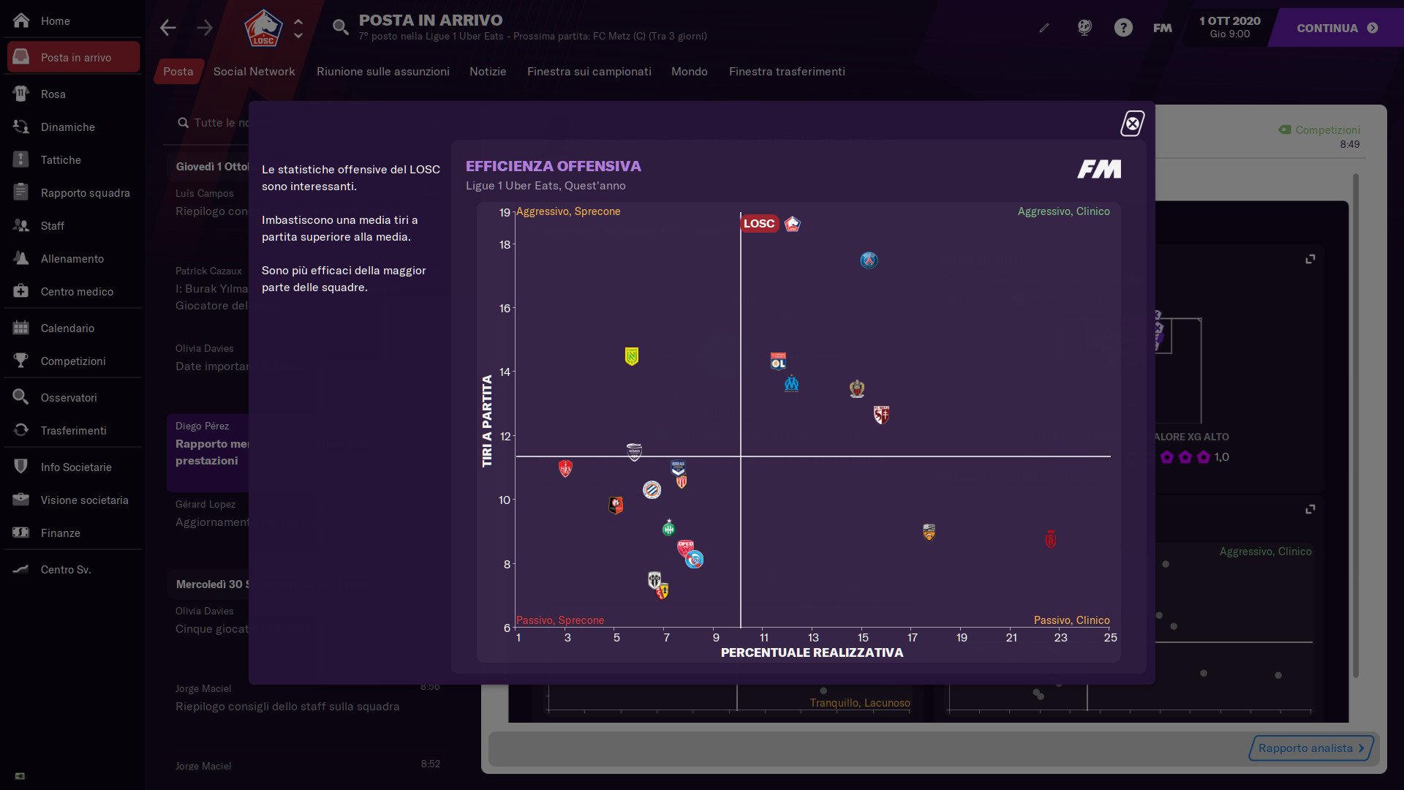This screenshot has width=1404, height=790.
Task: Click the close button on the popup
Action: pyautogui.click(x=1133, y=124)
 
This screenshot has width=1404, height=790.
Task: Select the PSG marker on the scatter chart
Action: pyautogui.click(x=869, y=260)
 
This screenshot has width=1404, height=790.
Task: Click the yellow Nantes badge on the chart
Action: pyautogui.click(x=632, y=356)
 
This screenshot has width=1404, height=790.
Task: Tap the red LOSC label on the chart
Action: pyautogui.click(x=759, y=224)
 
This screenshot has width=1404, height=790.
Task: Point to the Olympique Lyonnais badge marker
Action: pyautogui.click(x=778, y=361)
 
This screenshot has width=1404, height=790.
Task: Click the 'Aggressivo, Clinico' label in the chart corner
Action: pyautogui.click(x=1063, y=211)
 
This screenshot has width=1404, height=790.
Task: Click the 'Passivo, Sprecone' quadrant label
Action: pyautogui.click(x=560, y=620)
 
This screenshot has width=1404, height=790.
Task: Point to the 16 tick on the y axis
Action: pyautogui.click(x=505, y=309)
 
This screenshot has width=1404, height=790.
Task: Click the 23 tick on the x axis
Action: pyautogui.click(x=1060, y=638)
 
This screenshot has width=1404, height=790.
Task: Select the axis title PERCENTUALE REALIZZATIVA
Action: pyautogui.click(x=812, y=652)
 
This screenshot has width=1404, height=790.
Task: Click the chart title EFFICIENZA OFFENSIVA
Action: pyautogui.click(x=553, y=166)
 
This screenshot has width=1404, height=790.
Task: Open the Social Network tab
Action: pyautogui.click(x=254, y=72)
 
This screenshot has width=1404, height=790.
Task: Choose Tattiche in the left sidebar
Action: pyautogui.click(x=61, y=160)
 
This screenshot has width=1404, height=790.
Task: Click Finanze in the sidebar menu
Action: pyautogui.click(x=60, y=533)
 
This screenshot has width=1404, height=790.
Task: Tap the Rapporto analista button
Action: pyautogui.click(x=1310, y=748)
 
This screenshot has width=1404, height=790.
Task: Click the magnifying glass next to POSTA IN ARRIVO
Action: pyautogui.click(x=340, y=28)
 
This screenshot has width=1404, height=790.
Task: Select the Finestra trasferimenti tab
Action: pyautogui.click(x=787, y=72)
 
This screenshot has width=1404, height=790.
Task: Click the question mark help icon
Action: pyautogui.click(x=1123, y=28)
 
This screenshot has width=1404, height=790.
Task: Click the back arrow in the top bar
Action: pyautogui.click(x=168, y=28)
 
